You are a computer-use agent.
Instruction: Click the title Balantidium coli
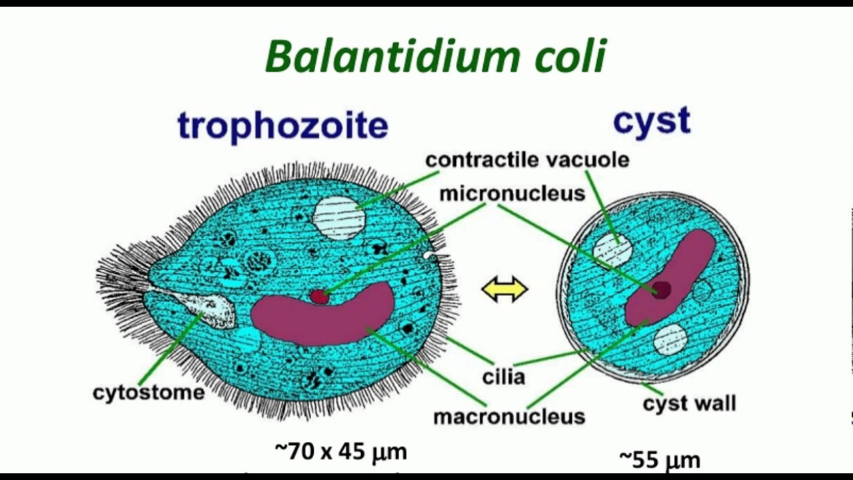436,56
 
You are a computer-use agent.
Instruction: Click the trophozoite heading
283,125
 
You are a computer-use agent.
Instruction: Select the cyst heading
651,121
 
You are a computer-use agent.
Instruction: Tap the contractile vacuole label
526,160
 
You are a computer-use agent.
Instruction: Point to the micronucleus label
512,193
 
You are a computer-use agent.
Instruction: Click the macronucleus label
509,417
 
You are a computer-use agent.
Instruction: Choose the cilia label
504,377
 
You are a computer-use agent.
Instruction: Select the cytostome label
149,392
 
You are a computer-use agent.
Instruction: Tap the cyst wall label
689,403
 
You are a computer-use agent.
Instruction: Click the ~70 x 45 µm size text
341,451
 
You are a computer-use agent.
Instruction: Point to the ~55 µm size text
660,459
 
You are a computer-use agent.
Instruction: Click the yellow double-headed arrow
504,290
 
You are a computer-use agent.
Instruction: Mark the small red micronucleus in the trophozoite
320,296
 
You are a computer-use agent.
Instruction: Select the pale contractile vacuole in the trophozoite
339,218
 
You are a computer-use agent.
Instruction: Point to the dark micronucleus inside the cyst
662,289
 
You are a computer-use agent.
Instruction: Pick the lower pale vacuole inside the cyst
670,339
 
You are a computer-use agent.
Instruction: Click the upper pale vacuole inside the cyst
612,251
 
